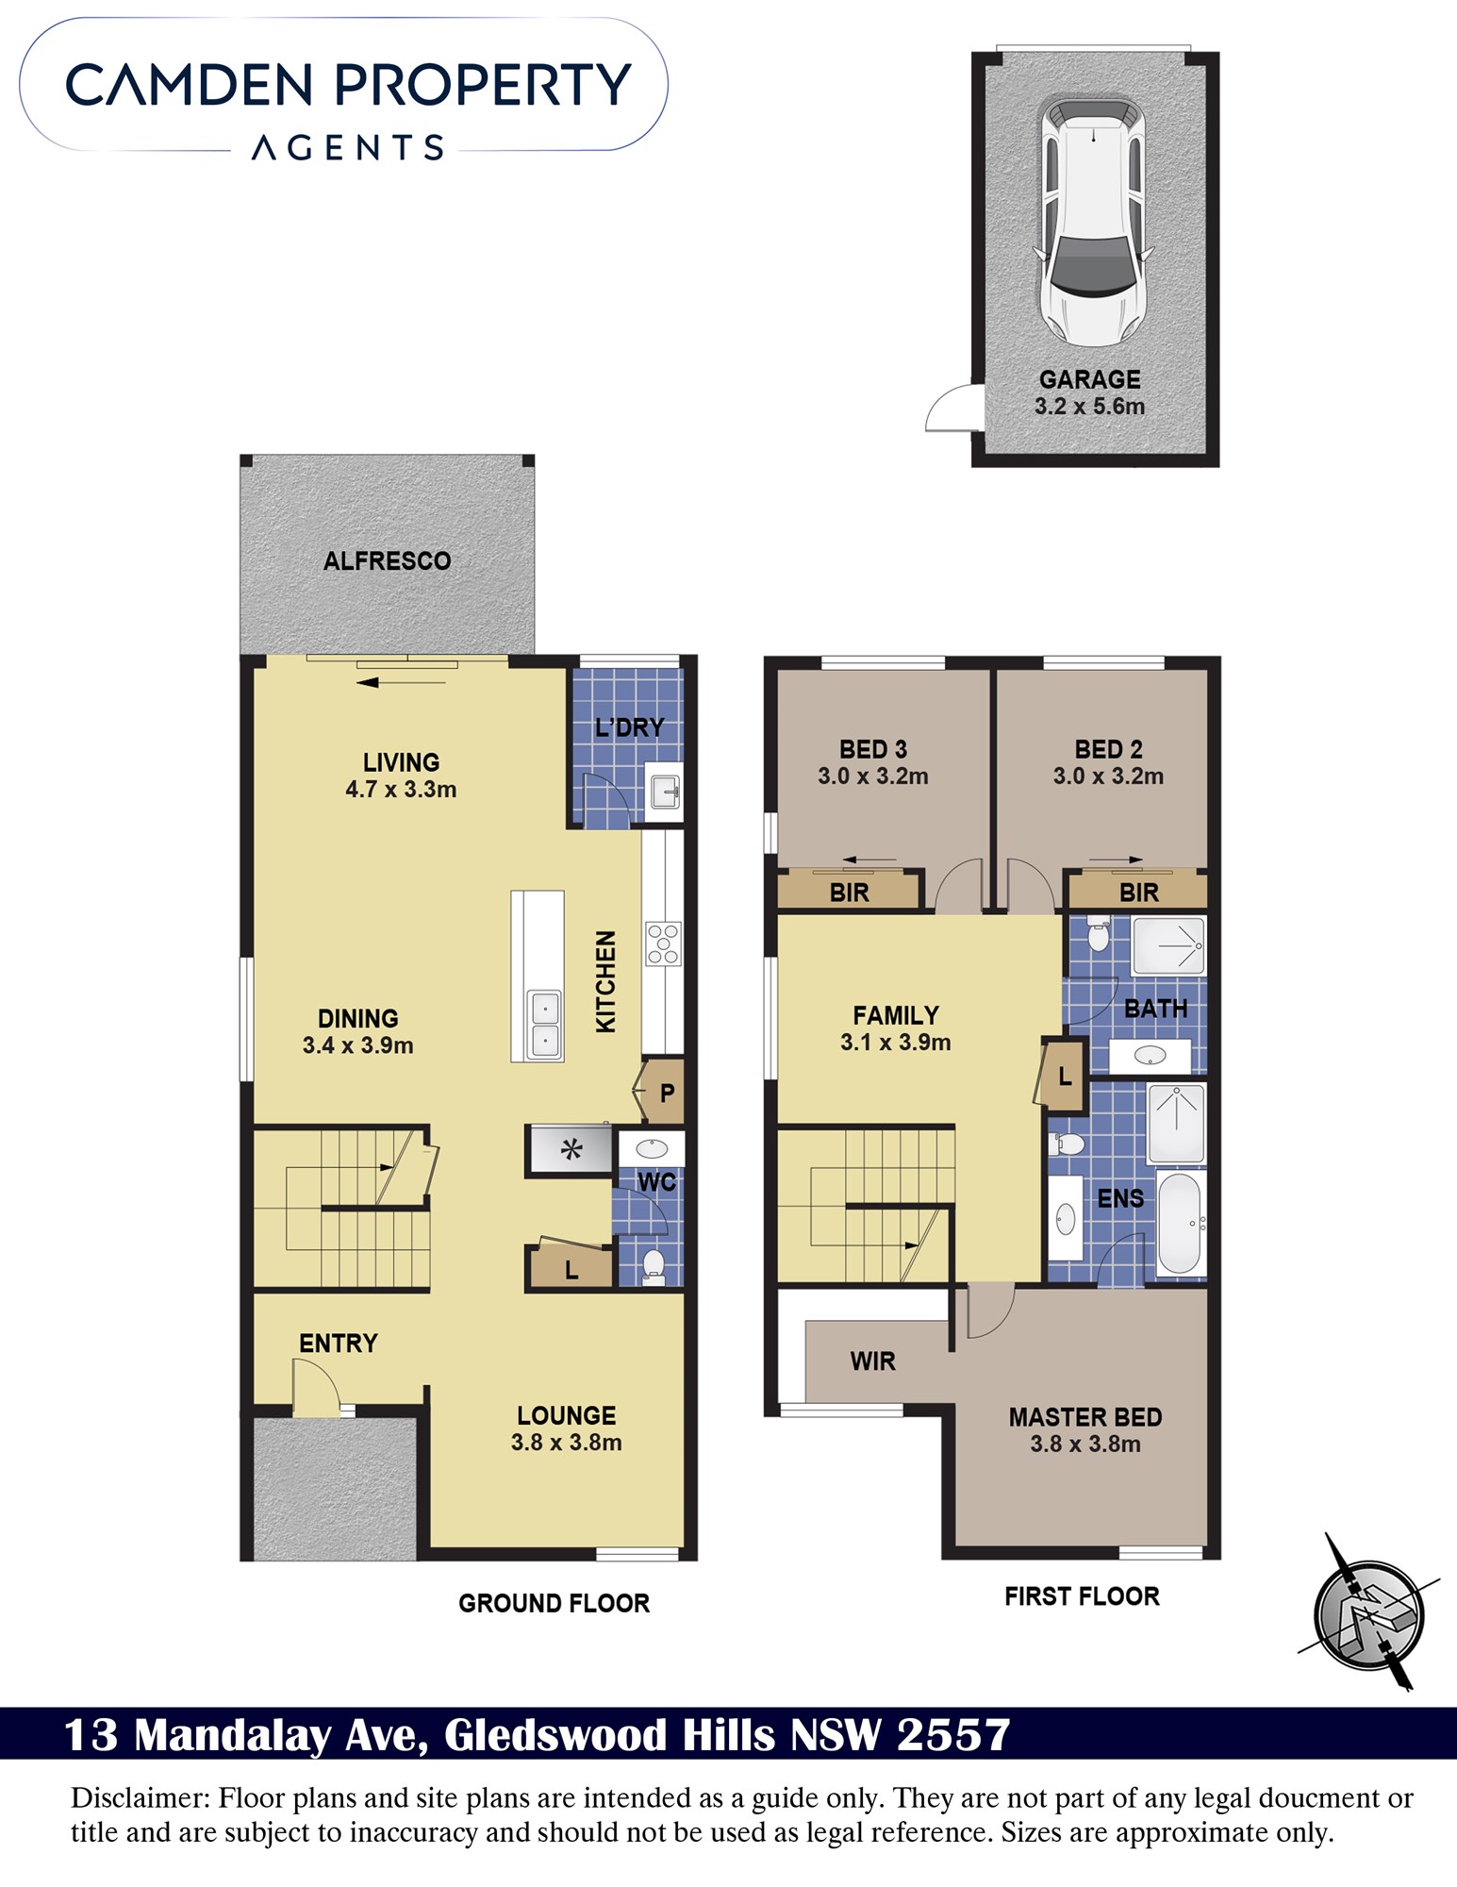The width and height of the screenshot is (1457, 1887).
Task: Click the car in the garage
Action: click(x=1093, y=221)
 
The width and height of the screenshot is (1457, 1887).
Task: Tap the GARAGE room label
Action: click(x=1089, y=379)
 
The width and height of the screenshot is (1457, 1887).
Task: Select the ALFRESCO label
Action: click(x=387, y=561)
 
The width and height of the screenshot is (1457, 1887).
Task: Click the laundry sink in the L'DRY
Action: click(x=665, y=791)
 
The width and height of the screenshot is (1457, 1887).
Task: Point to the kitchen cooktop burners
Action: click(x=663, y=943)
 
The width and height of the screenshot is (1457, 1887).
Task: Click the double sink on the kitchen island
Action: click(x=545, y=1024)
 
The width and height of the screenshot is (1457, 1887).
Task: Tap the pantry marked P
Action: click(x=661, y=1093)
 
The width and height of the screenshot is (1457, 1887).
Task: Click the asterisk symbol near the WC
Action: click(x=571, y=1149)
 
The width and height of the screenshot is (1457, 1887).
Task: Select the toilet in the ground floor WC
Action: click(x=653, y=1265)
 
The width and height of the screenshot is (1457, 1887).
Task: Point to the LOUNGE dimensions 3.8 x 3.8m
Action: click(x=566, y=1443)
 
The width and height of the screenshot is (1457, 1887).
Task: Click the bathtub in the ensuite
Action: click(x=1180, y=1224)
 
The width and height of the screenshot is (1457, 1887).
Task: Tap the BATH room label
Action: click(x=1155, y=1009)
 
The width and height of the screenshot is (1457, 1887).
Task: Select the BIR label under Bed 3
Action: click(x=849, y=893)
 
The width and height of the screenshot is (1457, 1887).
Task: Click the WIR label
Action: click(x=872, y=1361)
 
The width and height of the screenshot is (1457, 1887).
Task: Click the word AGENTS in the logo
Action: click(x=348, y=148)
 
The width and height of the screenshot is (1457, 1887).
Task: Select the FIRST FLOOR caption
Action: click(x=1082, y=1596)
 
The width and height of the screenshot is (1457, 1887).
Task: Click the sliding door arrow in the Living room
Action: click(x=401, y=682)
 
